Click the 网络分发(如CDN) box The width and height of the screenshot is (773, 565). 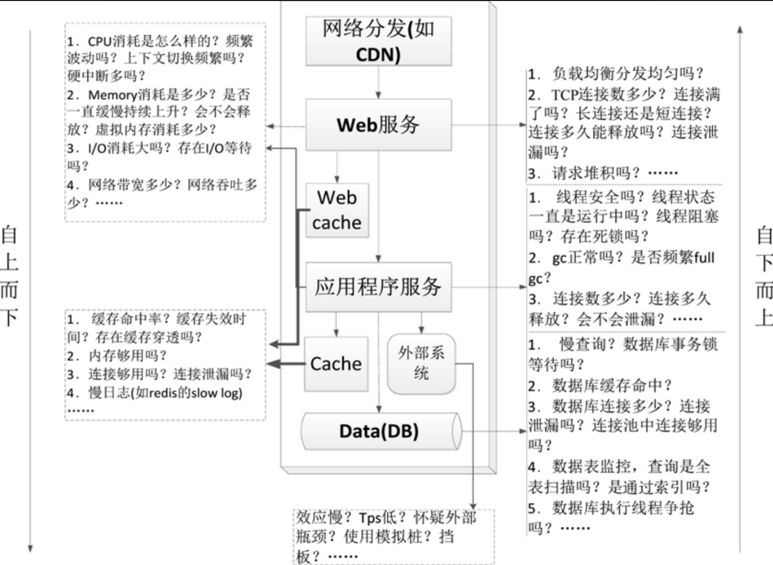(378, 41)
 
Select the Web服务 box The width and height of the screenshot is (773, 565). (378, 125)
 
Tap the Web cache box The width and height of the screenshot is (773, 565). (337, 210)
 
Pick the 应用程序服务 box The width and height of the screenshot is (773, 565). (378, 287)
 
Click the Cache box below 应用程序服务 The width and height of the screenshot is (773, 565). (336, 363)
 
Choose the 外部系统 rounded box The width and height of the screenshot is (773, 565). (421, 363)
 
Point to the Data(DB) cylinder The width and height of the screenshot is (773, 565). (379, 431)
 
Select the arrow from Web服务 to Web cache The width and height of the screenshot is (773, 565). (337, 167)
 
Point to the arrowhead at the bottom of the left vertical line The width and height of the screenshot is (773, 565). (30, 548)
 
